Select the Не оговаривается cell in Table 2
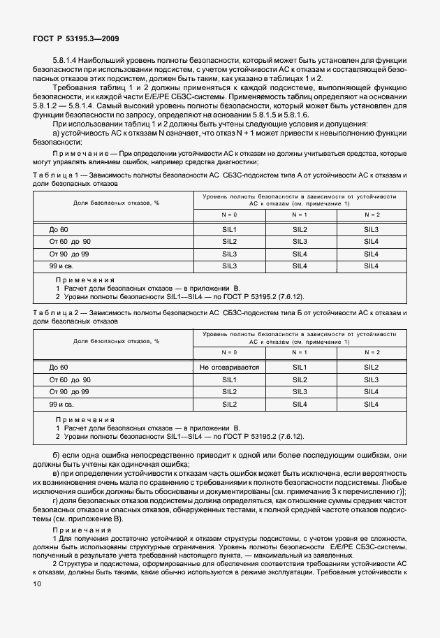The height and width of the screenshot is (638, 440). click(229, 367)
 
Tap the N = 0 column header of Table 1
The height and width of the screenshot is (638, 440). click(229, 215)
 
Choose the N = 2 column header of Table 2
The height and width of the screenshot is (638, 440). click(372, 352)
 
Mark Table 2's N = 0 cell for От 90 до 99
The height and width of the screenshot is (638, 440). click(229, 391)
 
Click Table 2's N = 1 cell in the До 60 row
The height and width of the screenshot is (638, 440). click(300, 367)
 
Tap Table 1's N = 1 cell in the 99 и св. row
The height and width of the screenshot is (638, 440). click(300, 266)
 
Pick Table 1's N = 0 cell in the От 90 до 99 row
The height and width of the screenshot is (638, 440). click(229, 254)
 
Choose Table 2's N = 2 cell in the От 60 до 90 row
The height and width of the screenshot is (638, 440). click(372, 379)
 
